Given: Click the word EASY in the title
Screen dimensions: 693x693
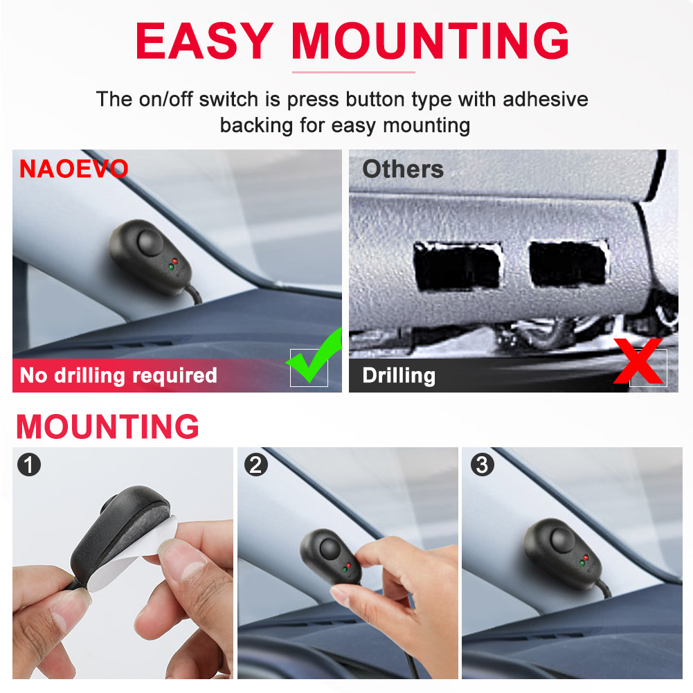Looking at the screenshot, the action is (204, 40).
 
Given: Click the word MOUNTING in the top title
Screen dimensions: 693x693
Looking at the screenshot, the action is (430, 40).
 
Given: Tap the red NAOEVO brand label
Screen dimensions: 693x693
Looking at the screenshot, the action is (74, 169).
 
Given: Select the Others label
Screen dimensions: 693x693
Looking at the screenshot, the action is (403, 169).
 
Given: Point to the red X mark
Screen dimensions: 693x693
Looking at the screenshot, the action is (638, 361).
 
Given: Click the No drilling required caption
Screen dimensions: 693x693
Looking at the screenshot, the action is (118, 375).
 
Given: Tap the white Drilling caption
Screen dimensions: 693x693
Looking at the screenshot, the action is (399, 375).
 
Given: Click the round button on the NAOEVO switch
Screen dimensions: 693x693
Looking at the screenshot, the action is (150, 242).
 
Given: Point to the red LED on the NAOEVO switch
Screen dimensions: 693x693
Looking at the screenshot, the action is (175, 261).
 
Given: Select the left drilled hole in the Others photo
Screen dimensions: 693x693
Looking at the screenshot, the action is (458, 266).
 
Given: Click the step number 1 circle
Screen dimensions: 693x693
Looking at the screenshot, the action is (29, 465).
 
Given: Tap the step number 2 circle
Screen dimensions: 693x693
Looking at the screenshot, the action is (256, 465).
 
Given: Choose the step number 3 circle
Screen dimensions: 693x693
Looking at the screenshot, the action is (482, 465).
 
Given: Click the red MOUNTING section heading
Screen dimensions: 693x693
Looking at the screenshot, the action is (107, 426).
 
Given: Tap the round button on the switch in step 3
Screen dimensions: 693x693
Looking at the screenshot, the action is (561, 539).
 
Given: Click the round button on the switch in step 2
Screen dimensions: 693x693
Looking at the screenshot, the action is (330, 548).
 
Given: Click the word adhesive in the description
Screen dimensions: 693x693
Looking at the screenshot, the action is (546, 99).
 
